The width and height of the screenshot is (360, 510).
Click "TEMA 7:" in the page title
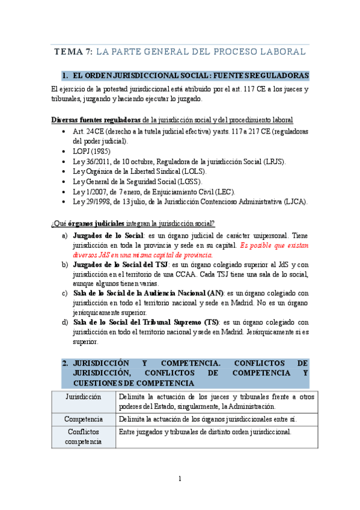pyautogui.click(x=73, y=52)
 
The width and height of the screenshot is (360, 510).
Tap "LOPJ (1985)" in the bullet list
pyautogui.click(x=92, y=151)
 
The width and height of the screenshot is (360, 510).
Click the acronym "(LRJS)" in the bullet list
pyautogui.click(x=272, y=162)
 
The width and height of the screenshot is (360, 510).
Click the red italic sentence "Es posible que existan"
pyautogui.click(x=274, y=245)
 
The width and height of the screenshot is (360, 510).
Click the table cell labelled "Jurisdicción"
pyautogui.click(x=83, y=397)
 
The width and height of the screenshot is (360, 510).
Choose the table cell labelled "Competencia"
pyautogui.click(x=84, y=419)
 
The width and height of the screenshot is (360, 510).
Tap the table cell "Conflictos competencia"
pyautogui.click(x=84, y=437)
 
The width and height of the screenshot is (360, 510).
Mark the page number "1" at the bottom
pyautogui.click(x=179, y=479)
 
